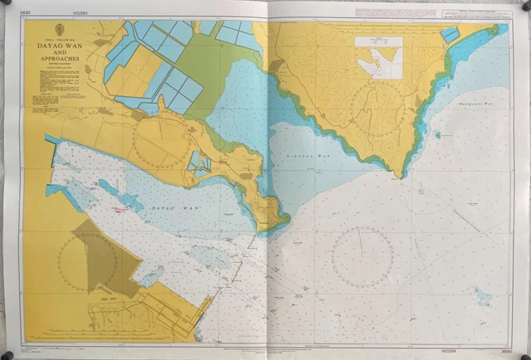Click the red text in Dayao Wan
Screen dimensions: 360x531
pyautogui.click(x=122, y=211)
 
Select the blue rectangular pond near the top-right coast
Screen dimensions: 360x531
pyautogui.click(x=449, y=36)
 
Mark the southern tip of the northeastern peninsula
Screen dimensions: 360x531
pyautogui.click(x=402, y=175)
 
